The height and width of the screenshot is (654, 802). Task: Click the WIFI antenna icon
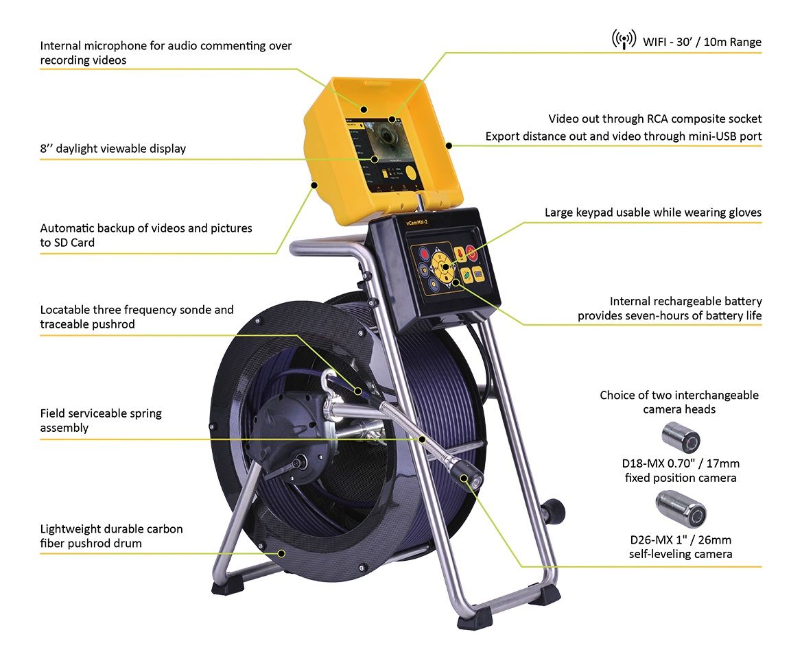[624, 39]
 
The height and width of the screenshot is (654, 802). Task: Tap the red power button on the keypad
[471, 252]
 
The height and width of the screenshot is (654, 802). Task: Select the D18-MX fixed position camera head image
[681, 437]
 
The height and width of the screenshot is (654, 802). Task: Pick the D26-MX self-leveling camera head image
[681, 508]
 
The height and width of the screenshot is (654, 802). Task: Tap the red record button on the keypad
[424, 254]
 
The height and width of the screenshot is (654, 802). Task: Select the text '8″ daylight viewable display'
[113, 149]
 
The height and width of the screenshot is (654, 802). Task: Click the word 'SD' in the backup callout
[61, 243]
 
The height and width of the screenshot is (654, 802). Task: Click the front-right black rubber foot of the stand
[475, 618]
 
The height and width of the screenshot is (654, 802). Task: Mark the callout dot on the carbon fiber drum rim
[281, 553]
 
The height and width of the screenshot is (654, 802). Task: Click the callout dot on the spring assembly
[422, 439]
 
